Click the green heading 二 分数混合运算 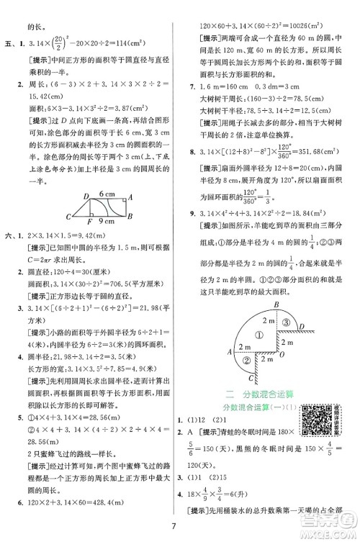click(261, 393)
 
